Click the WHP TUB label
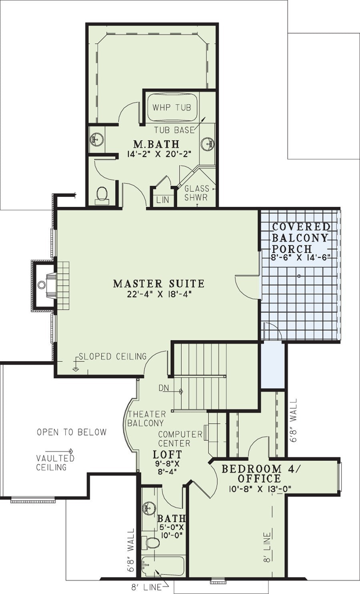click(x=172, y=107)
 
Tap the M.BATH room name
click(x=156, y=144)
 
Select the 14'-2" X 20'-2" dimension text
click(x=159, y=154)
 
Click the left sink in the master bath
click(x=96, y=139)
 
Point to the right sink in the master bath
click(x=207, y=144)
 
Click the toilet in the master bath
click(x=102, y=196)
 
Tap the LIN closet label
click(x=162, y=200)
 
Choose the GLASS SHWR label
click(x=196, y=193)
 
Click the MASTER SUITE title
click(x=159, y=284)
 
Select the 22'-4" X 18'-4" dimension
click(x=159, y=294)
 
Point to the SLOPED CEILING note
click(x=112, y=356)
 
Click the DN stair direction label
click(x=164, y=388)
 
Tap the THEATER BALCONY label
click(x=146, y=418)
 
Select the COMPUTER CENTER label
click(x=180, y=439)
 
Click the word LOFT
click(x=167, y=454)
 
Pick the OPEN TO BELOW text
click(x=72, y=432)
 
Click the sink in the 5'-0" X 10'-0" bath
click(x=146, y=509)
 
